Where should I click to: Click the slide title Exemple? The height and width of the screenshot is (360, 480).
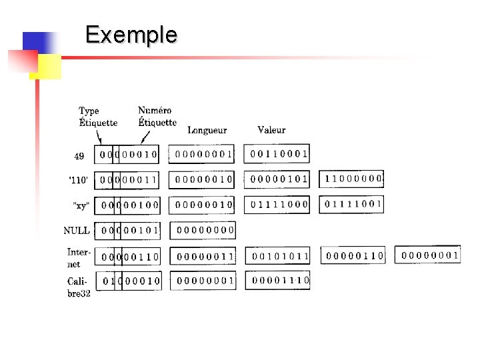coord(131,34)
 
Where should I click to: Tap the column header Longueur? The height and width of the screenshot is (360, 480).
coord(207,130)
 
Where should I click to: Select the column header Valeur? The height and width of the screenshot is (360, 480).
coord(271,130)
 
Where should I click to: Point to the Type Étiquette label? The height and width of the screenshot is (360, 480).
coord(98,117)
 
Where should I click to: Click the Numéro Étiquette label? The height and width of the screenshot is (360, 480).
coord(157,116)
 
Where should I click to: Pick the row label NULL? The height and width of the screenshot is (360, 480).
coord(77,231)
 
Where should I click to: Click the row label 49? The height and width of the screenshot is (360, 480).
coord(79,157)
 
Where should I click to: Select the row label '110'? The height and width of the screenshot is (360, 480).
coord(79,180)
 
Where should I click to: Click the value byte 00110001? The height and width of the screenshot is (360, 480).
coord(279,155)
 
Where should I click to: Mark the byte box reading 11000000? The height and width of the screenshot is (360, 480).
coord(353,179)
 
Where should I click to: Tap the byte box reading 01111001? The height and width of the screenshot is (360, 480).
coord(353,203)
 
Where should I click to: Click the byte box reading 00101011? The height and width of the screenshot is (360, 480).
coord(280,255)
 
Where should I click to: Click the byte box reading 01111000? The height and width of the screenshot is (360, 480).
coord(279,204)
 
